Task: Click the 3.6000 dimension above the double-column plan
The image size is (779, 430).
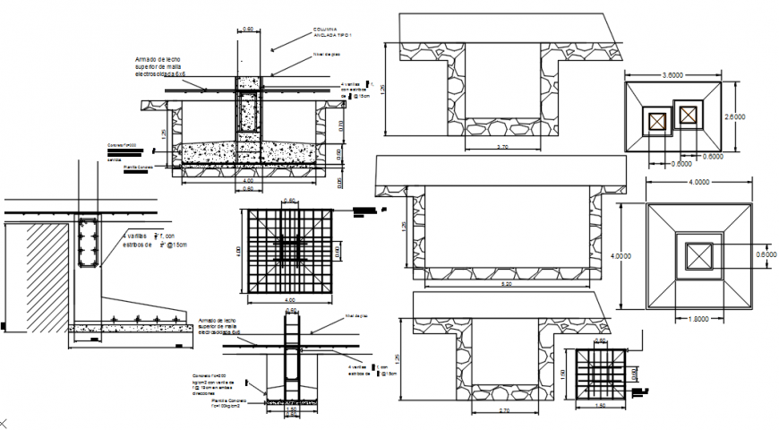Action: [674, 73]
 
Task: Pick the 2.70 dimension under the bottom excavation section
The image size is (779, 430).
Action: [504, 410]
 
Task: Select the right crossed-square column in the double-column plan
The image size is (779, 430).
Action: [688, 115]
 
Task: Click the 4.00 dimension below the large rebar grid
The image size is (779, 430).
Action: [289, 299]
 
